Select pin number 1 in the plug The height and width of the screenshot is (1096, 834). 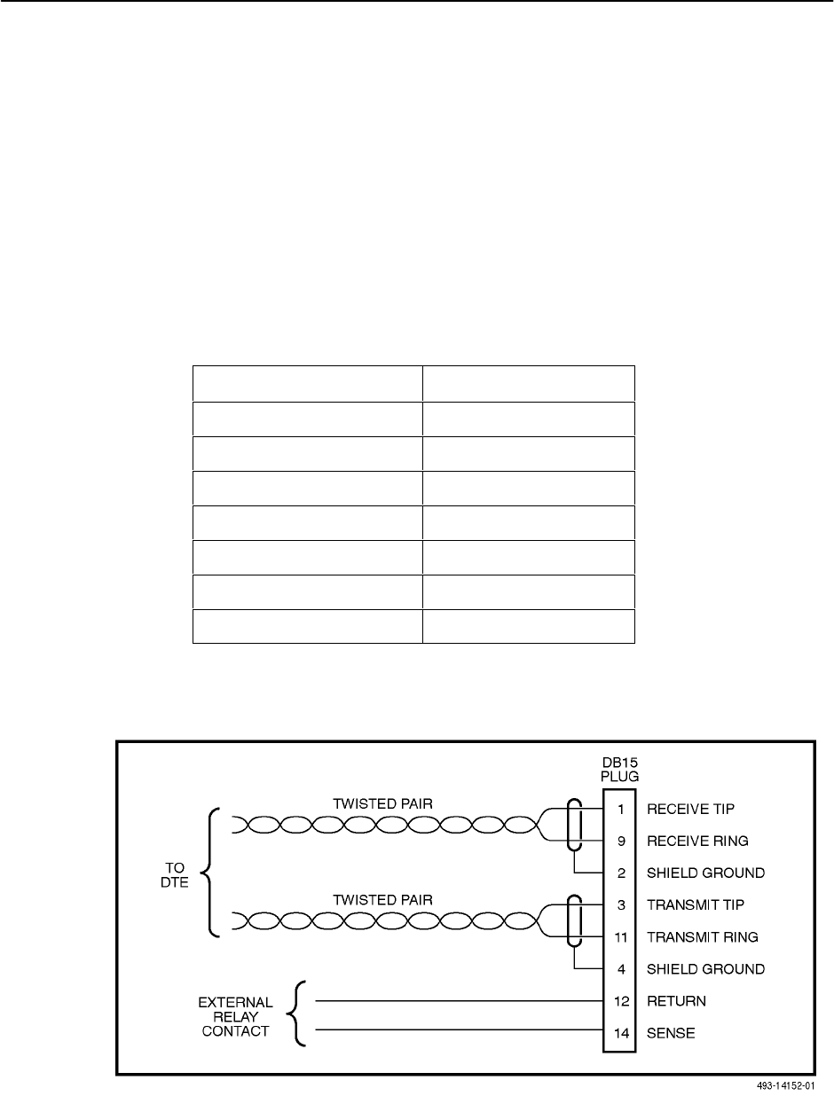click(622, 809)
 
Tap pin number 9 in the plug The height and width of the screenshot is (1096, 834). click(622, 841)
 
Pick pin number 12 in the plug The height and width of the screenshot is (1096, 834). click(622, 1001)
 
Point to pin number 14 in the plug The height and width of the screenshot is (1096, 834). click(622, 1033)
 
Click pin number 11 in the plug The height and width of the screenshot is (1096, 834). click(622, 936)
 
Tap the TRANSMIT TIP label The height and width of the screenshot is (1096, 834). click(696, 904)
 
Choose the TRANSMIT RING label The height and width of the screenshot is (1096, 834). click(702, 936)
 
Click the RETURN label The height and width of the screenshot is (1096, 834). click(676, 1001)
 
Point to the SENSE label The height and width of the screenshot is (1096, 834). click(671, 1033)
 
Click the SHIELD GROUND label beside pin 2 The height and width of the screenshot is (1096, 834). click(705, 873)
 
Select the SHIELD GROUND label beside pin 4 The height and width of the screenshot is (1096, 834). click(705, 969)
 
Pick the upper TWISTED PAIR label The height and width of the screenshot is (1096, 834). click(382, 803)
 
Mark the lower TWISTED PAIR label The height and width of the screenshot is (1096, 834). click(382, 899)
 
